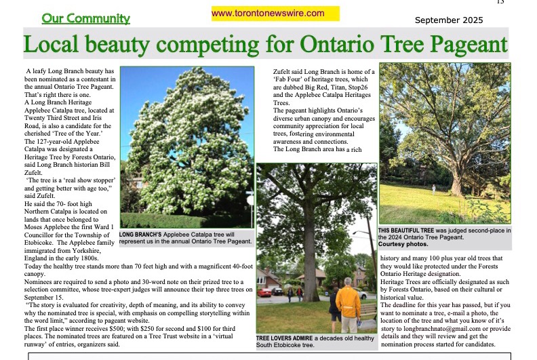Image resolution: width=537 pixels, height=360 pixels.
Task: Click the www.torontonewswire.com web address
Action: tap(268, 13)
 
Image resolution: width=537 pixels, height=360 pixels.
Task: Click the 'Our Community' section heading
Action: tap(86, 18)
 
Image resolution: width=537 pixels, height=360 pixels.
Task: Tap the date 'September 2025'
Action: tap(449, 20)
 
